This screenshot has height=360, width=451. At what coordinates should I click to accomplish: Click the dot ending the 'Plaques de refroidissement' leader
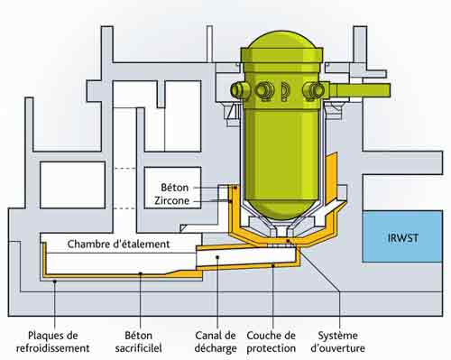pyautogui.click(x=55, y=282)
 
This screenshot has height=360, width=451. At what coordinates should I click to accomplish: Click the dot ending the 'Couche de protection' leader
pyautogui.click(x=273, y=265)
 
